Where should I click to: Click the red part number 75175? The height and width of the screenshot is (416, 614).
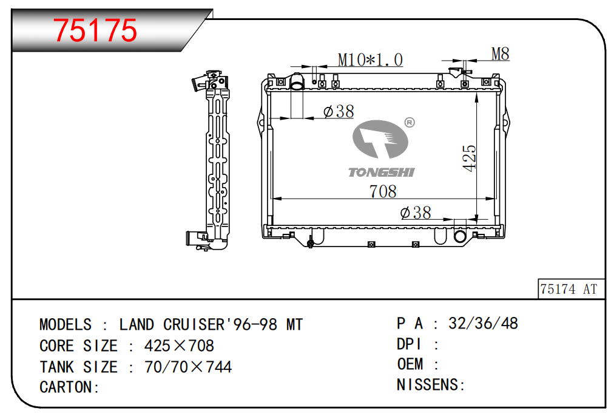95,30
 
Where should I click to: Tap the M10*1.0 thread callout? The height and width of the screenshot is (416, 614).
370,60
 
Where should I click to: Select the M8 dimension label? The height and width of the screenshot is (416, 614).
501,53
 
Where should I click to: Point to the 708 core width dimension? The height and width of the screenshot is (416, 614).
383,191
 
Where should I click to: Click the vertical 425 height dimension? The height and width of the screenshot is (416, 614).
469,158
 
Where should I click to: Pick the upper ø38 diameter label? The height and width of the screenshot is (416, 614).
339,111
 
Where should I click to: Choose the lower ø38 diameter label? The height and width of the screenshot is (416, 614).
416,213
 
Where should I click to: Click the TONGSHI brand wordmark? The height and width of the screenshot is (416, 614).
381,172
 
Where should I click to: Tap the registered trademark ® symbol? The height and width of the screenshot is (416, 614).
409,123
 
